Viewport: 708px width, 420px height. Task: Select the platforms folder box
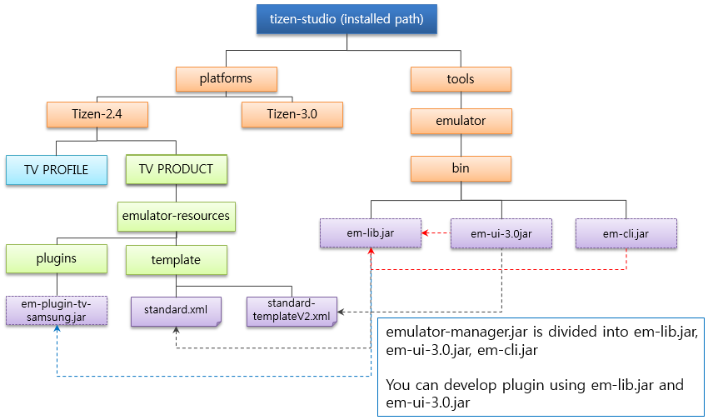226,79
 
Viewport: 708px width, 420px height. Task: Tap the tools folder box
461,79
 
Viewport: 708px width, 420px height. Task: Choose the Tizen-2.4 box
97,114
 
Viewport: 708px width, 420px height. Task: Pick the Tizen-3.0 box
292,114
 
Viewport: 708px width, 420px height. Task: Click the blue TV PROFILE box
57,169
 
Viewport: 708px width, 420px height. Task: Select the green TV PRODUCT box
176,169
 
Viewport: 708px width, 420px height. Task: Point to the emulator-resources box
176,216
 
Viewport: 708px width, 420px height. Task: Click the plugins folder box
57,259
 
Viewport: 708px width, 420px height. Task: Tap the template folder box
176,260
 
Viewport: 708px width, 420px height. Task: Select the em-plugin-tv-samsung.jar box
57,310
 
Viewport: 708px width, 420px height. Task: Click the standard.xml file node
176,311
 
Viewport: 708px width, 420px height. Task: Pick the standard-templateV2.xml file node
292,311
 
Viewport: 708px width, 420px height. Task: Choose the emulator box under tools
461,121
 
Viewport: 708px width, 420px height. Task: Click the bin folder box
461,168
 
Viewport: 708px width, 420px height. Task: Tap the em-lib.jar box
370,233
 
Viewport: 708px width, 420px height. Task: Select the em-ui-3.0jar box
501,233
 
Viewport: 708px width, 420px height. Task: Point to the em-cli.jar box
626,233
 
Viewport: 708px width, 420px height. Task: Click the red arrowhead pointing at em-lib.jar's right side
425,233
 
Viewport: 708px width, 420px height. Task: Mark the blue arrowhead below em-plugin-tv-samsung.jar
57,330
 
